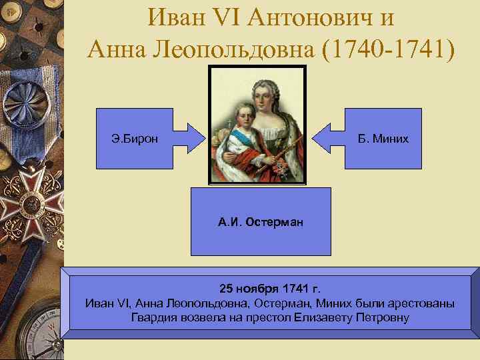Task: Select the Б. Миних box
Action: (x=383, y=138)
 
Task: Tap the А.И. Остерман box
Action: (x=260, y=221)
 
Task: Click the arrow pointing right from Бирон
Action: (x=188, y=138)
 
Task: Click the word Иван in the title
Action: (x=179, y=17)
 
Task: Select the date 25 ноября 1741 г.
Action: (x=270, y=289)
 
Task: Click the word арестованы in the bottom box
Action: (x=421, y=303)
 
